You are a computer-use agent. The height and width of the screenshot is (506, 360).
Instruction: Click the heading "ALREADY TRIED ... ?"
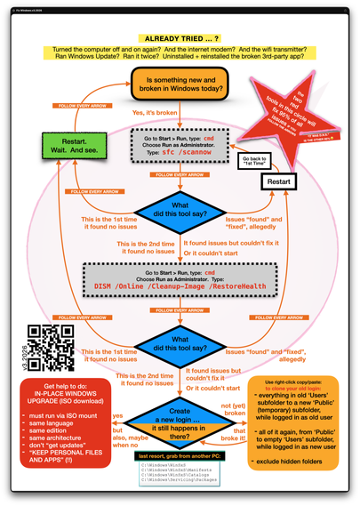(180, 39)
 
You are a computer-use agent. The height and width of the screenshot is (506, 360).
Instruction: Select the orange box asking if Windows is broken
(180, 88)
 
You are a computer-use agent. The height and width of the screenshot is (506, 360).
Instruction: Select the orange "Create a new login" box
(180, 422)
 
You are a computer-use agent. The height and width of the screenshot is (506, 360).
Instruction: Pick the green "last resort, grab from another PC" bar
(180, 456)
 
